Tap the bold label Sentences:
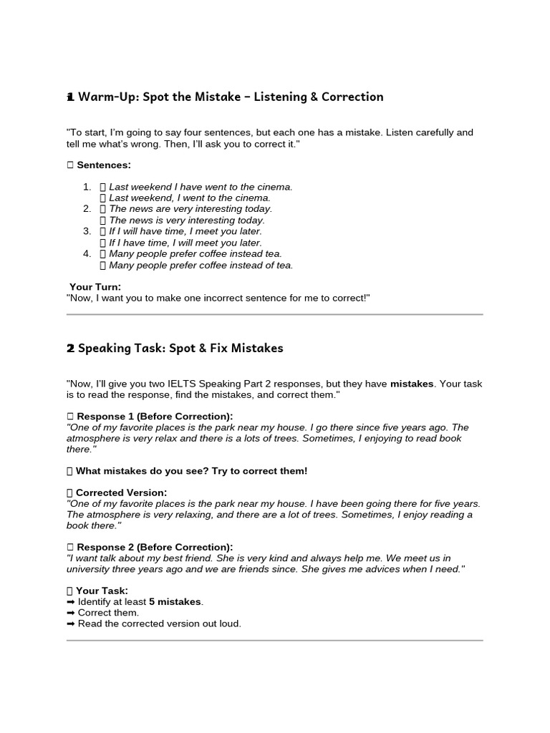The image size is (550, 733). pyautogui.click(x=104, y=165)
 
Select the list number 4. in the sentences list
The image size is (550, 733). pyautogui.click(x=87, y=253)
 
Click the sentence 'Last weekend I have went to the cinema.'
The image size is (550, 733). pyautogui.click(x=201, y=187)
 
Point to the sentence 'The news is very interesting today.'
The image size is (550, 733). pyautogui.click(x=186, y=220)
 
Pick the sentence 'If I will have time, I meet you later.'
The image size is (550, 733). pyautogui.click(x=185, y=231)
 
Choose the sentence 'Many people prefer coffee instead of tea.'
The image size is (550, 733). pyautogui.click(x=201, y=265)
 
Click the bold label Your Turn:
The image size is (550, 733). pyautogui.click(x=95, y=287)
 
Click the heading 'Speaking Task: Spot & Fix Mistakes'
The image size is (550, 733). pyautogui.click(x=180, y=349)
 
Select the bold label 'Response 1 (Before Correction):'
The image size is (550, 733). pyautogui.click(x=154, y=417)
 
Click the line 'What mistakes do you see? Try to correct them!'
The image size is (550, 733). pyautogui.click(x=191, y=471)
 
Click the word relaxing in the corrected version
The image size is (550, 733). pyautogui.click(x=203, y=515)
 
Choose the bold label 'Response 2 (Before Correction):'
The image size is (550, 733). pyautogui.click(x=154, y=547)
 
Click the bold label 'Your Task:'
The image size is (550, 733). pyautogui.click(x=102, y=591)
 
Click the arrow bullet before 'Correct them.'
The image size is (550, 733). pyautogui.click(x=70, y=613)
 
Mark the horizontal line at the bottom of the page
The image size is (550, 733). pyautogui.click(x=274, y=641)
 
